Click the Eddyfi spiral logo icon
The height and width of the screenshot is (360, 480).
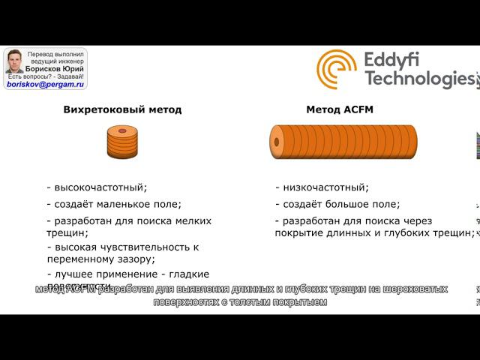(337, 69)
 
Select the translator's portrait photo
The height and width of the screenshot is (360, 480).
(14, 61)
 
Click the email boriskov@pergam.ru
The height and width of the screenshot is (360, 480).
(44, 85)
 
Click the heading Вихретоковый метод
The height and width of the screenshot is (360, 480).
(122, 109)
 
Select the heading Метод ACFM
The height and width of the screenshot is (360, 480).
(340, 109)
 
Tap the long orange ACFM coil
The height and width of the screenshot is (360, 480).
(343, 140)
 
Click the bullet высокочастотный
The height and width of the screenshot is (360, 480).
(97, 187)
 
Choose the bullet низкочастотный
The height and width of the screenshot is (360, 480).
(322, 187)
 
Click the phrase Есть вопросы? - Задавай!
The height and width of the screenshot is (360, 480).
(46, 76)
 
